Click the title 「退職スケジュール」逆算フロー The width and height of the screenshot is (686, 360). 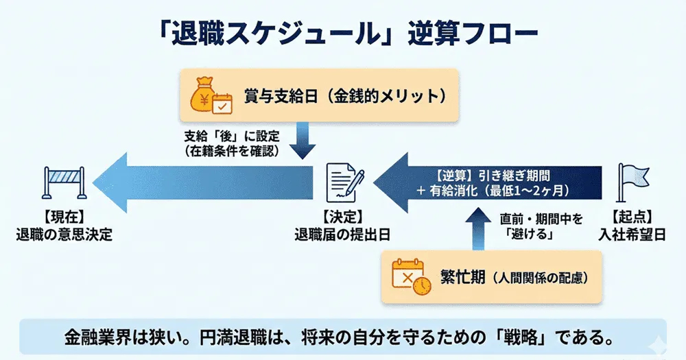[343, 32]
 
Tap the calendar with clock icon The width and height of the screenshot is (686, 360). [412, 277]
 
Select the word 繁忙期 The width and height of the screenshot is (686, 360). [464, 277]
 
